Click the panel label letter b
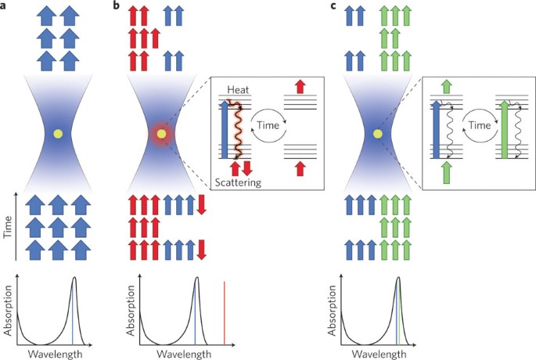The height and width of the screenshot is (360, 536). pos(117,7)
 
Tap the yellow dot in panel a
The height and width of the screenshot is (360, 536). pos(56,135)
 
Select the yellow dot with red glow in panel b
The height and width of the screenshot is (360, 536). pos(161,135)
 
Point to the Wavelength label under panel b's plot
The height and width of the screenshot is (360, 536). pos(182,354)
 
